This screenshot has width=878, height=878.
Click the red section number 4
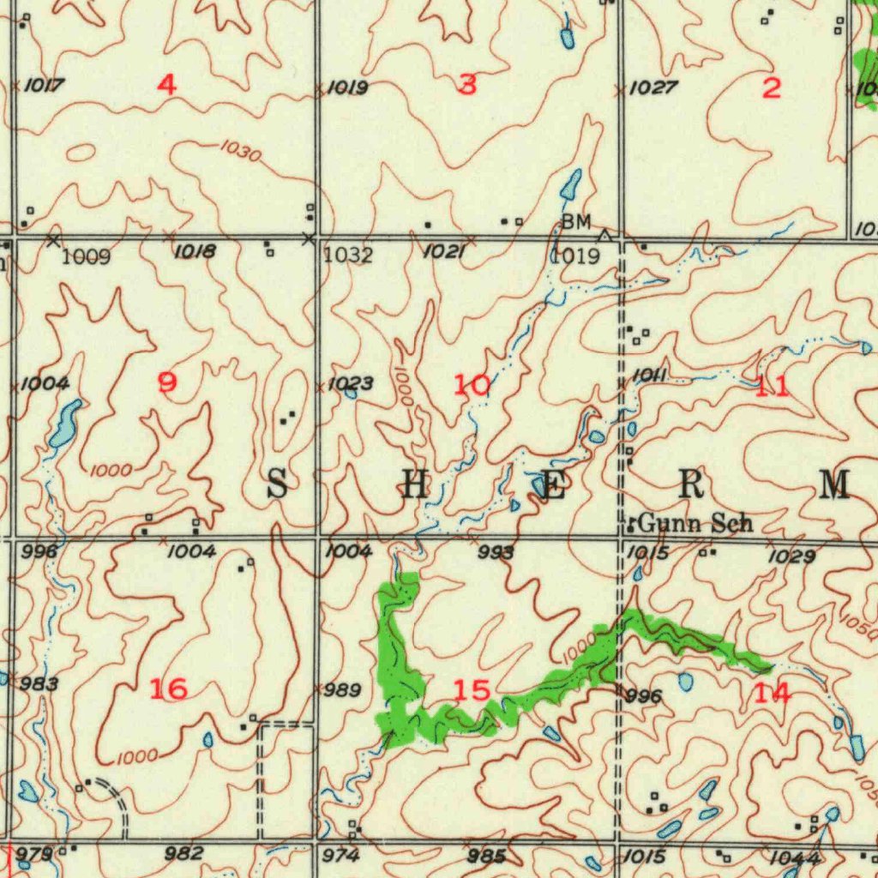tap(167, 84)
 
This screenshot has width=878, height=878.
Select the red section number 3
tap(467, 84)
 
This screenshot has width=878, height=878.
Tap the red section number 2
tap(772, 87)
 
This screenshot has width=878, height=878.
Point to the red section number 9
tap(168, 382)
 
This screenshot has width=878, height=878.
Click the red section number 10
tap(472, 386)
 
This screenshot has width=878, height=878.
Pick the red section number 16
tap(168, 688)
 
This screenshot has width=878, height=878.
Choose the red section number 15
tap(472, 689)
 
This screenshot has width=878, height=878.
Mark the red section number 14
tap(772, 693)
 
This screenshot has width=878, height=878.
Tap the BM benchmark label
tap(576, 222)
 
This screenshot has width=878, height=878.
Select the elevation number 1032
tap(348, 256)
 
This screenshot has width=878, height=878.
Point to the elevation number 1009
tap(87, 256)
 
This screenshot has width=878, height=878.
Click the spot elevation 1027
tap(653, 87)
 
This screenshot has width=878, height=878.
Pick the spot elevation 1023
tap(350, 383)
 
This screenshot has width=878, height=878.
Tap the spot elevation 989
tap(343, 691)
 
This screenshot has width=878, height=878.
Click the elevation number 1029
tap(791, 557)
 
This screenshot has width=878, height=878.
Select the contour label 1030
tap(239, 153)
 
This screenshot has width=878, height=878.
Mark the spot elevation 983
tap(39, 683)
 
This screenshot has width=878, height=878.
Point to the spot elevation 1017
tap(45, 85)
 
